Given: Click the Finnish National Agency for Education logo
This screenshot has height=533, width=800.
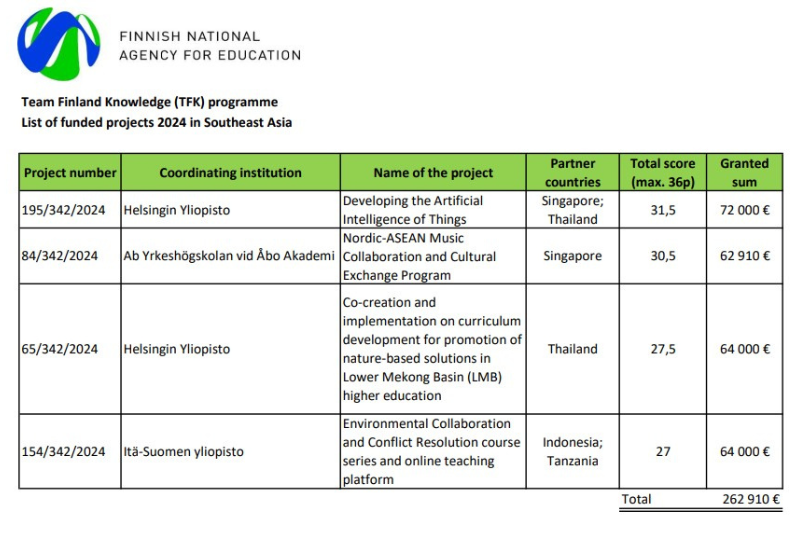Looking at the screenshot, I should point(58,44).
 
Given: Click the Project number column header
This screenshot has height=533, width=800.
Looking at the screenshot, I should point(70,173).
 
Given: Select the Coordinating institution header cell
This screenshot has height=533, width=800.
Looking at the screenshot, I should point(230,173).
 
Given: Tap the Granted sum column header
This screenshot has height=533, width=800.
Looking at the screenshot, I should point(744,172).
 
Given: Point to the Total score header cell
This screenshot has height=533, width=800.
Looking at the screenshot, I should point(662,172).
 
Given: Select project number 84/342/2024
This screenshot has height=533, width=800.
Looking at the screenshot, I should point(59,256).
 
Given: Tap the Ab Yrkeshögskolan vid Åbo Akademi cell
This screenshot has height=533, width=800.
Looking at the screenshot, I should point(228,256).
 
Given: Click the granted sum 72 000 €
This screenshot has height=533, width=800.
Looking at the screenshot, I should point(744,211).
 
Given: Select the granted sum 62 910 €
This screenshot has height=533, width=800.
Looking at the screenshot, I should point(744,256).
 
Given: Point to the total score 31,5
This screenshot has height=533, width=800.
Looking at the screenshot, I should point(663,211).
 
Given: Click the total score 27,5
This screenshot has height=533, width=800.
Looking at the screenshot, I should point(663,349).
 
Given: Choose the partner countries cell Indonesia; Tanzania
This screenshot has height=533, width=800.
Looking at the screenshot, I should point(573,452).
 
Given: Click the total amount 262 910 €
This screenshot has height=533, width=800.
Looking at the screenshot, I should point(751,499).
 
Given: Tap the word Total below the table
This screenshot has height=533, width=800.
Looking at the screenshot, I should point(636,499).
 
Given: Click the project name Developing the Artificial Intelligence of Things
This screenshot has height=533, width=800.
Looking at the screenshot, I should point(412,210).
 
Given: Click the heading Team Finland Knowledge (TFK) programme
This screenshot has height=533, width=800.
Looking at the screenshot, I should point(149,102).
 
